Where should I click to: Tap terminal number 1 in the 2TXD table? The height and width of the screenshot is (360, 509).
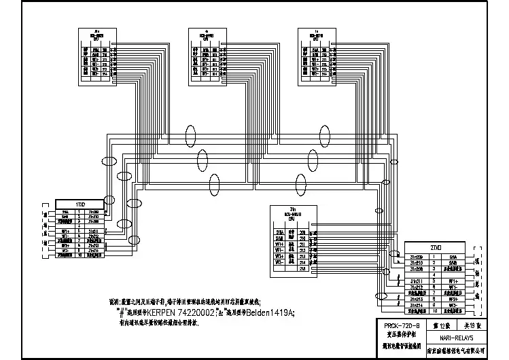(x=433, y=257)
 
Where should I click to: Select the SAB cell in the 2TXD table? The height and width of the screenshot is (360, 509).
(x=452, y=263)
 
